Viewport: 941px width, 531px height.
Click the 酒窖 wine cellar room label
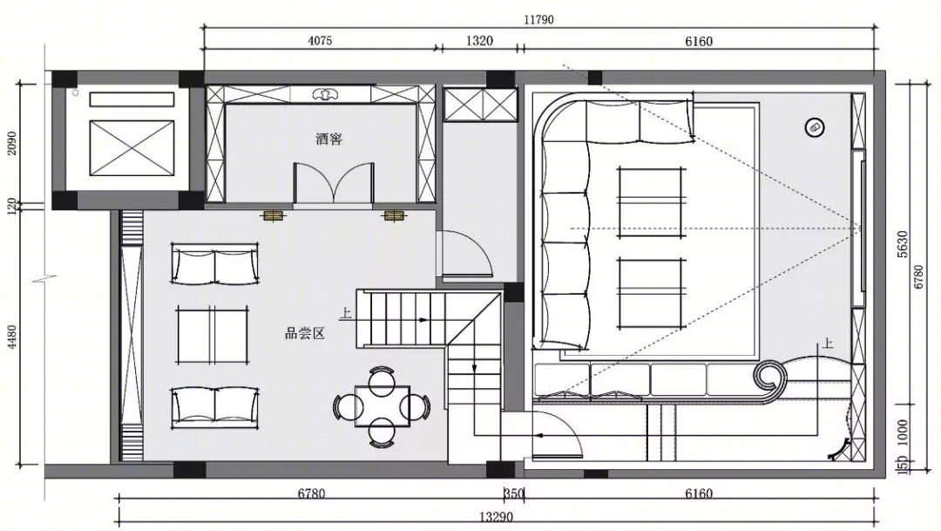[x=328, y=140]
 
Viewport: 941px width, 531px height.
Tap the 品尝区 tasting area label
[x=305, y=333]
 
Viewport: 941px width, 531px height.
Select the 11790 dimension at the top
[x=538, y=19]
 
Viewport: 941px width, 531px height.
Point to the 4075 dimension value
[x=320, y=41]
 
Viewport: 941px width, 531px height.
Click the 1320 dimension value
[x=479, y=41]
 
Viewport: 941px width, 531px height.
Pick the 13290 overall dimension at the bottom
[x=497, y=516]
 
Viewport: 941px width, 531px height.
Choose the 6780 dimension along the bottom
[x=311, y=494]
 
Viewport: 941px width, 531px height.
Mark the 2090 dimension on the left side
[x=12, y=144]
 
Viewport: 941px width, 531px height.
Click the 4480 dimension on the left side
[x=12, y=339]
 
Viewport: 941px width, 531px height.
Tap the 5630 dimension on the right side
[x=904, y=244]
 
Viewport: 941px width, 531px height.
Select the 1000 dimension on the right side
[x=904, y=432]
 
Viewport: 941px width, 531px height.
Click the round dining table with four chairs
[x=382, y=406]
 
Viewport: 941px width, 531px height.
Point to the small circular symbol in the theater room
[x=815, y=127]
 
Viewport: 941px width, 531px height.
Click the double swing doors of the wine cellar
[x=333, y=182]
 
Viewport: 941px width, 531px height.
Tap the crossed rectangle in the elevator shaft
[x=132, y=147]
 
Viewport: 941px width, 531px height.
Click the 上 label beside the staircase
[x=346, y=313]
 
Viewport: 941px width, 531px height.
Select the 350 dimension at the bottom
[x=514, y=494]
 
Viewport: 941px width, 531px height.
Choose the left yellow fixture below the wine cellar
[x=274, y=215]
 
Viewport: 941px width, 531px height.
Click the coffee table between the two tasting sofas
[x=213, y=335]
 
